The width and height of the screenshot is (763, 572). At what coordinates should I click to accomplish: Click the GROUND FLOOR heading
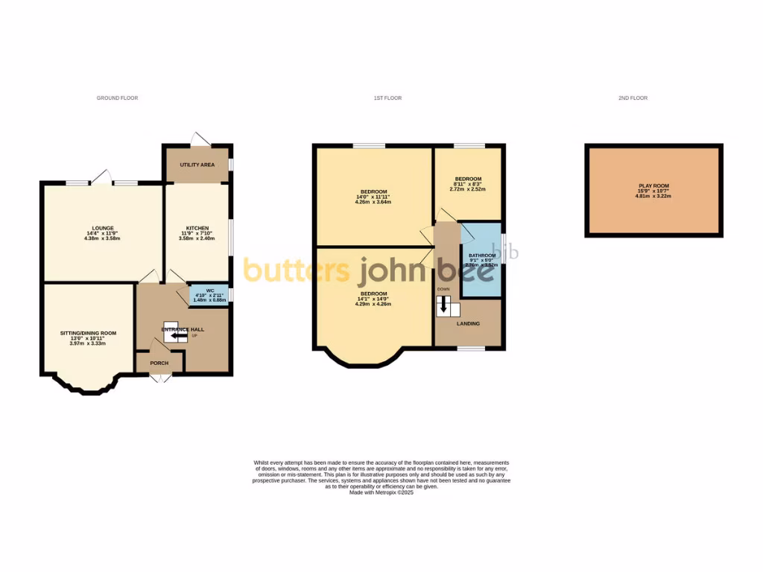tap(117, 98)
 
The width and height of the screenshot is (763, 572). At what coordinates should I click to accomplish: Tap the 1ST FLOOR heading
tap(387, 98)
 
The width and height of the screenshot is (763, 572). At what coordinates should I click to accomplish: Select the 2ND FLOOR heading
tap(633, 98)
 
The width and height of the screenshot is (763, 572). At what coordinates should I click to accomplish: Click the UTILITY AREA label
tap(197, 165)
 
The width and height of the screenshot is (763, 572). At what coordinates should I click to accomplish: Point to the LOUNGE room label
tap(103, 228)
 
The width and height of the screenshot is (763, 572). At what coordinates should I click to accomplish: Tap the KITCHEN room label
tap(197, 228)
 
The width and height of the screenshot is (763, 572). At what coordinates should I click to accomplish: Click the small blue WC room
tap(209, 295)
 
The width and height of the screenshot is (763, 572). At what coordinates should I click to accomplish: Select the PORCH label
tap(159, 363)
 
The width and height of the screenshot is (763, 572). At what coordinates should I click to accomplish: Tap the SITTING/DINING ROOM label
tap(88, 333)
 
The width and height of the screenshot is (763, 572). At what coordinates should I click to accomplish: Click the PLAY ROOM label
tap(653, 185)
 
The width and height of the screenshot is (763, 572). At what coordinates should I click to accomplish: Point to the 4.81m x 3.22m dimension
tap(653, 196)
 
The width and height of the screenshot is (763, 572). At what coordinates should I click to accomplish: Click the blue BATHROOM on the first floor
tap(481, 260)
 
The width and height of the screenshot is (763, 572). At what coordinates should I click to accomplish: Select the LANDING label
tap(468, 323)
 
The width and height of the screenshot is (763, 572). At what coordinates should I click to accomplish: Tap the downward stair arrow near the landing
tap(446, 304)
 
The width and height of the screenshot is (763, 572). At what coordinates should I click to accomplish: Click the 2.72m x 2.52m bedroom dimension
tap(468, 189)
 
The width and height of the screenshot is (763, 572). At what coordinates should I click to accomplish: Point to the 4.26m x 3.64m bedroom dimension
tap(373, 202)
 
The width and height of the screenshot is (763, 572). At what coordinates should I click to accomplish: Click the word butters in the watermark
tap(297, 271)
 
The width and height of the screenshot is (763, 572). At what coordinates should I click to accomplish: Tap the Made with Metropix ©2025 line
tap(381, 492)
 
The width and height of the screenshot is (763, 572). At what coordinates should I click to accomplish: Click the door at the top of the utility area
tap(200, 139)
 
